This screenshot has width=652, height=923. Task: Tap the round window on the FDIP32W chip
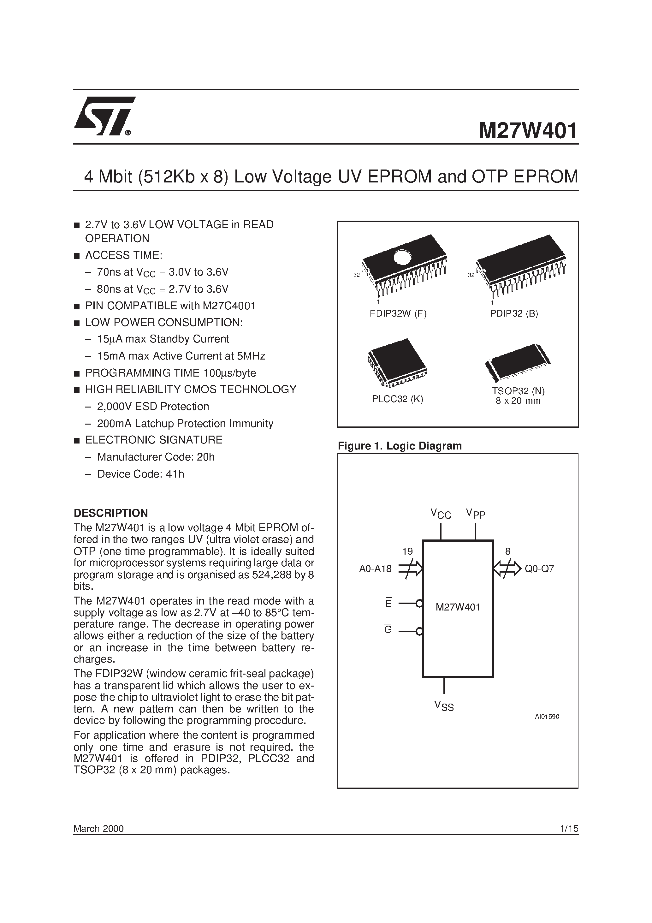point(402,257)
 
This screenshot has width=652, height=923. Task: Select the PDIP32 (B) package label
point(514,313)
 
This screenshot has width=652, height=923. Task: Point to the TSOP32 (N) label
point(518,391)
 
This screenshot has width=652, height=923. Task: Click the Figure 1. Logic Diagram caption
point(400,446)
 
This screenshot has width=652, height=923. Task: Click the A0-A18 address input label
point(375,569)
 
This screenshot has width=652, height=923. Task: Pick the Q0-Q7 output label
point(539,569)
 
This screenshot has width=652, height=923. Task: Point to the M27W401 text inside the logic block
point(458,607)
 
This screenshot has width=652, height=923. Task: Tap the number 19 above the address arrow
point(408,551)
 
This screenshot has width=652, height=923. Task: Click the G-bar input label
point(388,630)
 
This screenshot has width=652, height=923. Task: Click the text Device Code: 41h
point(140,474)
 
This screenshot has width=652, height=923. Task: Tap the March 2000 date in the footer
point(98,829)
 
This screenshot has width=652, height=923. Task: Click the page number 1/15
point(568,829)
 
